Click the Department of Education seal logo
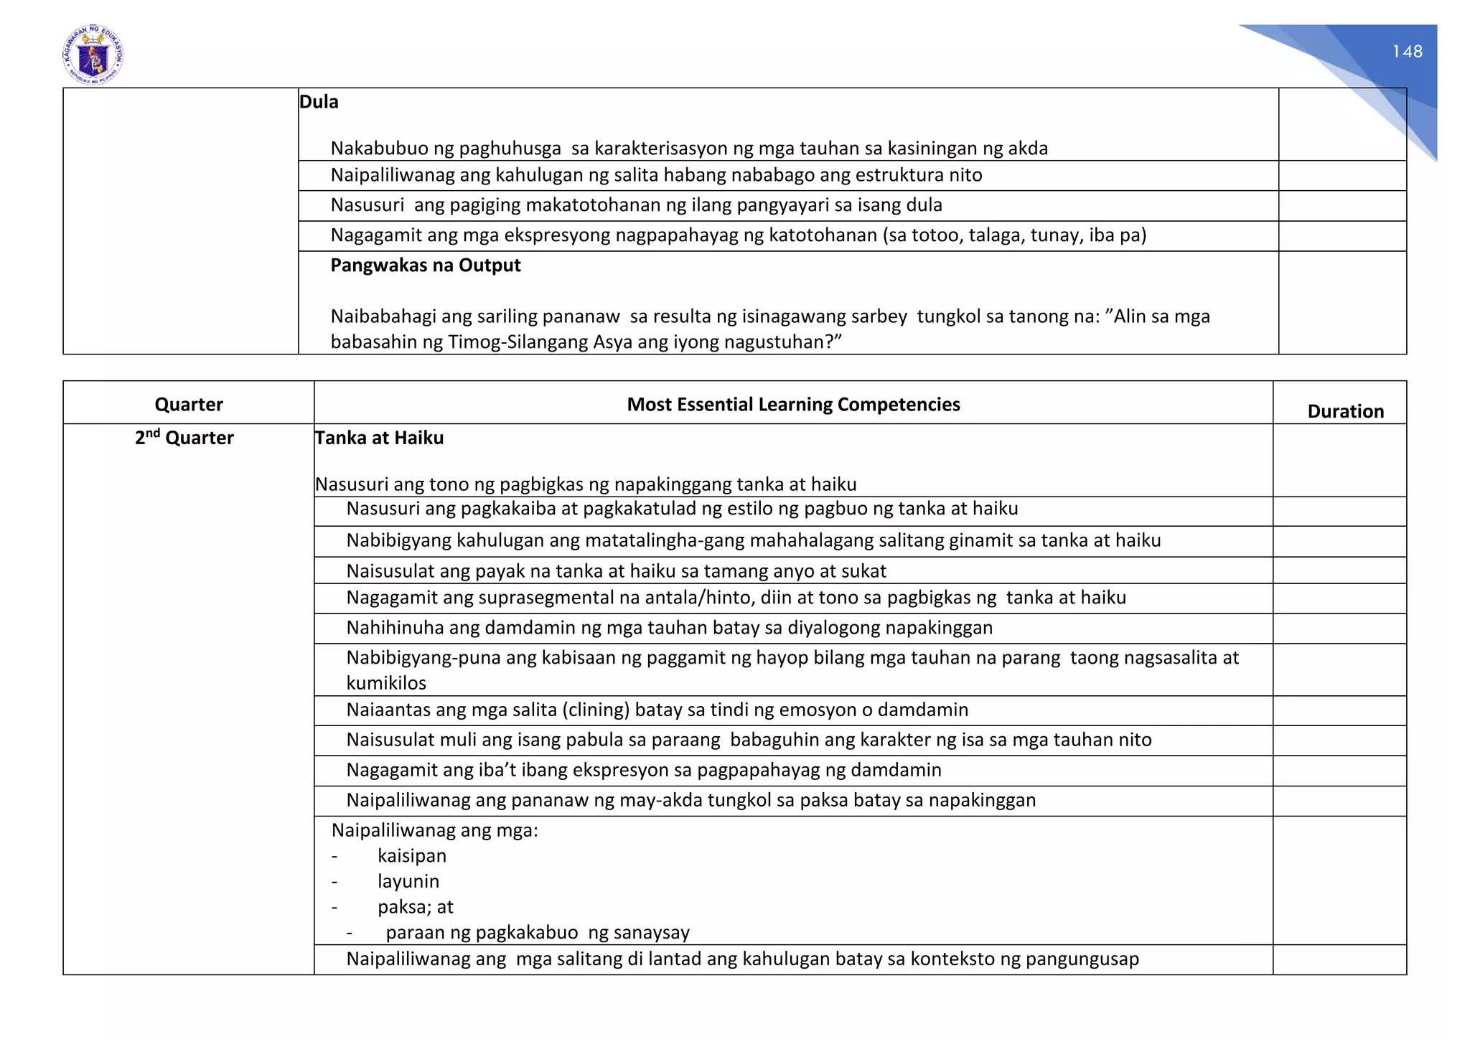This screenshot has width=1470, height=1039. coord(93,55)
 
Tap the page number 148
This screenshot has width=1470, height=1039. coord(1407,52)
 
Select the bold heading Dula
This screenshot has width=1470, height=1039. coord(319,102)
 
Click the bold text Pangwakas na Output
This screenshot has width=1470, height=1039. coord(426,265)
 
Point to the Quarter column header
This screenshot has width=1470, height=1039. coord(189,405)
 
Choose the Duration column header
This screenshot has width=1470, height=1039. coord(1345,411)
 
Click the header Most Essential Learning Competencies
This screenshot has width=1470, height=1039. coord(793,405)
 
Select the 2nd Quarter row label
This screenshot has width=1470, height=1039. coord(184,438)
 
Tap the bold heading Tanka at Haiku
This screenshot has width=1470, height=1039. coord(379,438)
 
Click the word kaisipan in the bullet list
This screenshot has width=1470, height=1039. coord(412,856)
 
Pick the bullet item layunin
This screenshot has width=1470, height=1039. coord(408,881)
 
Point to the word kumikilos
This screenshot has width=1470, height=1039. coord(386,683)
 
